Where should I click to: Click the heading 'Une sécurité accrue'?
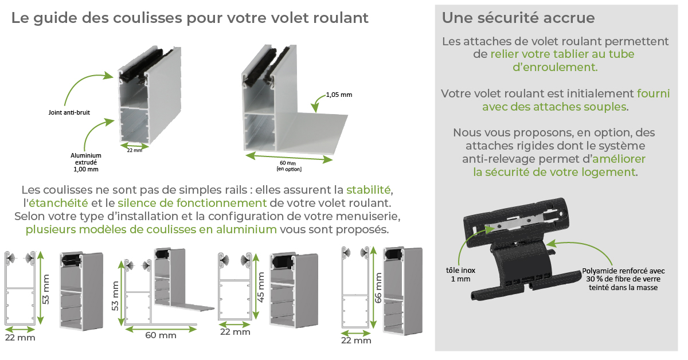pyautogui.click(x=518, y=18)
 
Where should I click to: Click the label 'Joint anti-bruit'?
pyautogui.click(x=69, y=112)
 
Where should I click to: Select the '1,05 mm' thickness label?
pyautogui.click(x=339, y=95)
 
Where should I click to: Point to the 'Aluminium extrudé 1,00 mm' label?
pyautogui.click(x=86, y=162)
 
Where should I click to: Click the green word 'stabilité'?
pyautogui.click(x=369, y=189)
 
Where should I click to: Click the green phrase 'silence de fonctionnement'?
pyautogui.click(x=192, y=203)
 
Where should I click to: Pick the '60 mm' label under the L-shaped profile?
pyautogui.click(x=161, y=335)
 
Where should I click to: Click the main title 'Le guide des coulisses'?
pyautogui.click(x=190, y=18)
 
